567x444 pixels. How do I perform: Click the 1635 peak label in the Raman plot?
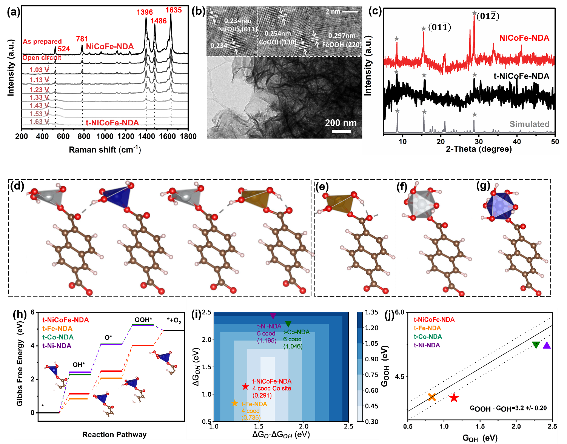point(174,10)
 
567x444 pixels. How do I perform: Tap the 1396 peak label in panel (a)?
point(145,12)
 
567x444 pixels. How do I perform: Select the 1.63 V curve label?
point(39,122)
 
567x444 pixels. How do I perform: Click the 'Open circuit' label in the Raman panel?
point(42,58)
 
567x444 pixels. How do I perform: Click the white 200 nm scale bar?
point(341,131)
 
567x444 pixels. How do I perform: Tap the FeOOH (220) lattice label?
point(342,45)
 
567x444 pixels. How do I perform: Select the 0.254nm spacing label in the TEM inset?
point(277,34)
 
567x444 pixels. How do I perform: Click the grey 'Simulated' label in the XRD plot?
point(529,124)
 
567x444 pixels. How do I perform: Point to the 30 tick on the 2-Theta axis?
point(479,142)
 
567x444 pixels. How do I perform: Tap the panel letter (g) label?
point(483,186)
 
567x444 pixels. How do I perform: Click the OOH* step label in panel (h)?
point(143,320)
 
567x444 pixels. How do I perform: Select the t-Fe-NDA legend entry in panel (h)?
point(57,328)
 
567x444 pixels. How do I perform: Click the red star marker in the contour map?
point(245,386)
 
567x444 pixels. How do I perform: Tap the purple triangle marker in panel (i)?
point(273,316)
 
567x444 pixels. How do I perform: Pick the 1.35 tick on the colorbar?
point(371,312)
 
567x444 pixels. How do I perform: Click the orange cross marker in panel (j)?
point(432,397)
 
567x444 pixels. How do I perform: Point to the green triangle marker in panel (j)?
point(536,345)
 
